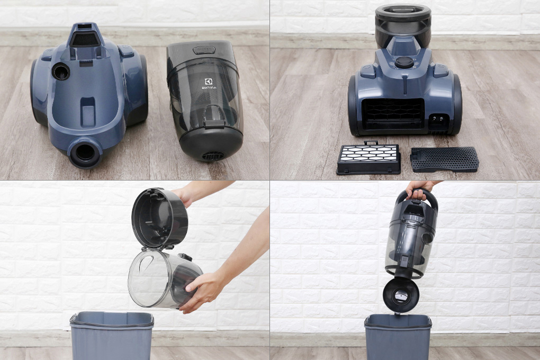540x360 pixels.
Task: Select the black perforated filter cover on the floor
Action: pyautogui.click(x=444, y=158)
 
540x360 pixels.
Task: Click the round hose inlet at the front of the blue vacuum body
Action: pyautogui.click(x=85, y=152)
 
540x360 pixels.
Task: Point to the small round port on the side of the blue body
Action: pyautogui.click(x=60, y=71)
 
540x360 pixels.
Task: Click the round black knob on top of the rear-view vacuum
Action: pyautogui.click(x=404, y=62)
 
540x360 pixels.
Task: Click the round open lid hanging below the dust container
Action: pyautogui.click(x=401, y=294)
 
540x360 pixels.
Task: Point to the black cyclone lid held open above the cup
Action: pyautogui.click(x=159, y=218)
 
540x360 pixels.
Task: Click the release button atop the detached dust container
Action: pyautogui.click(x=204, y=50)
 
